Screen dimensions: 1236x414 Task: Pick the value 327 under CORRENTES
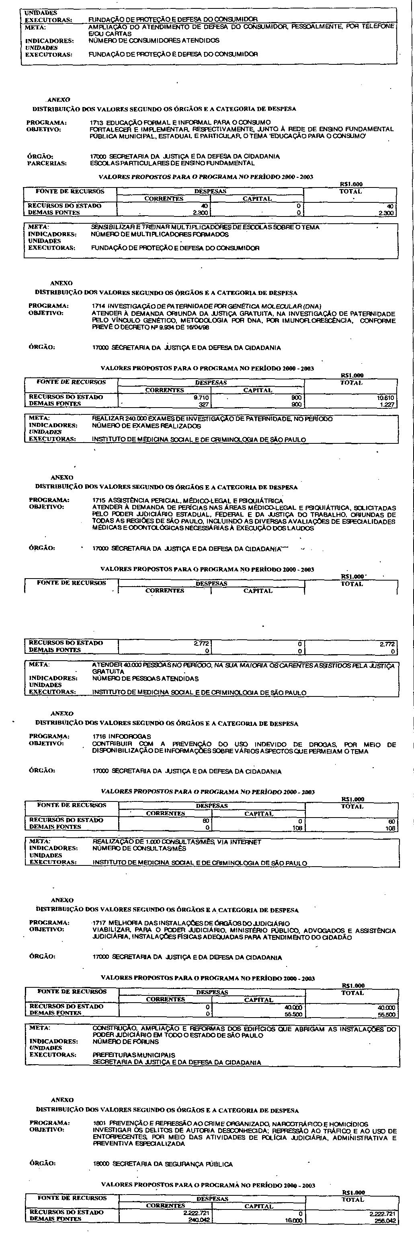click(x=203, y=404)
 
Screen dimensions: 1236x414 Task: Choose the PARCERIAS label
click(x=47, y=163)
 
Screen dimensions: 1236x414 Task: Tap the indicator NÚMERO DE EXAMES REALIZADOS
click(x=147, y=426)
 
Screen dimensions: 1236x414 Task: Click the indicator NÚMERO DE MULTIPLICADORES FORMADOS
click(x=160, y=235)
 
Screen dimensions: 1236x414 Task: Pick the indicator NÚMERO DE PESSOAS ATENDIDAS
click(x=145, y=679)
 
